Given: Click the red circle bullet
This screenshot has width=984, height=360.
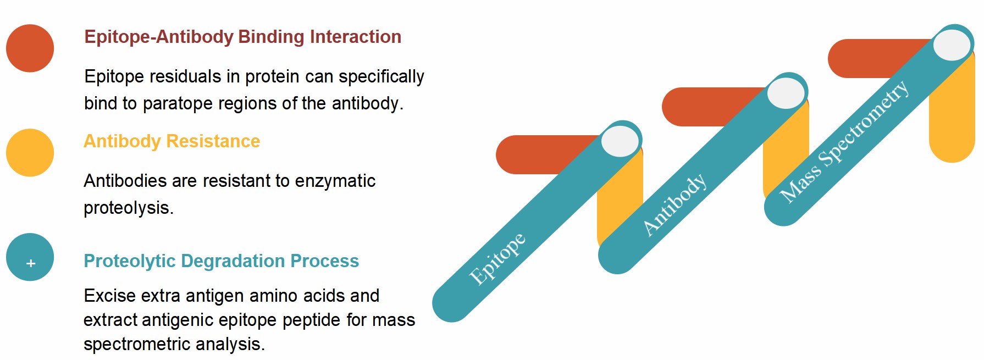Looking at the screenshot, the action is pos(30,48).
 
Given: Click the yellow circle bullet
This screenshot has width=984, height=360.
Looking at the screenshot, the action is pos(30,153).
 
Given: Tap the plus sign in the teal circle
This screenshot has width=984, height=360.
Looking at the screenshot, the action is pos(31,264).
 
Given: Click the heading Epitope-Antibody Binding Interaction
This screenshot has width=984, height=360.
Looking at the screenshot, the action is pos(242,37).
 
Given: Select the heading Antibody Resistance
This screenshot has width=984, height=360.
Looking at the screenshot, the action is pos(172,141).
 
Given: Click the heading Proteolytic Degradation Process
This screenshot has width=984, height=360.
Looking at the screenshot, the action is pos(221,261).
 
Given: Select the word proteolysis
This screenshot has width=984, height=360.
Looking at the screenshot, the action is pos(128,208).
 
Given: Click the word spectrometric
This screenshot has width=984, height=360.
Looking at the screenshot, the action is pos(137,344).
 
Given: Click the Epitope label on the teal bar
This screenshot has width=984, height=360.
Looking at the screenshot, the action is pos(497,258).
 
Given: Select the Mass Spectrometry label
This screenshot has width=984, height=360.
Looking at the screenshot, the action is pos(844,141).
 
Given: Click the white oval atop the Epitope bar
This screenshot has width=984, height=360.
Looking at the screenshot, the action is pos(620,141).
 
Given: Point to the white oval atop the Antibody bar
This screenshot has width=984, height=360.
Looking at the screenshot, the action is pos(786,93).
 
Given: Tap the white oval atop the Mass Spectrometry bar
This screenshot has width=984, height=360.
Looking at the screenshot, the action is pos(952,45).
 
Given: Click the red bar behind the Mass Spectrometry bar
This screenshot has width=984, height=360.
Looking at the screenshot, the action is pos(874,58).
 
